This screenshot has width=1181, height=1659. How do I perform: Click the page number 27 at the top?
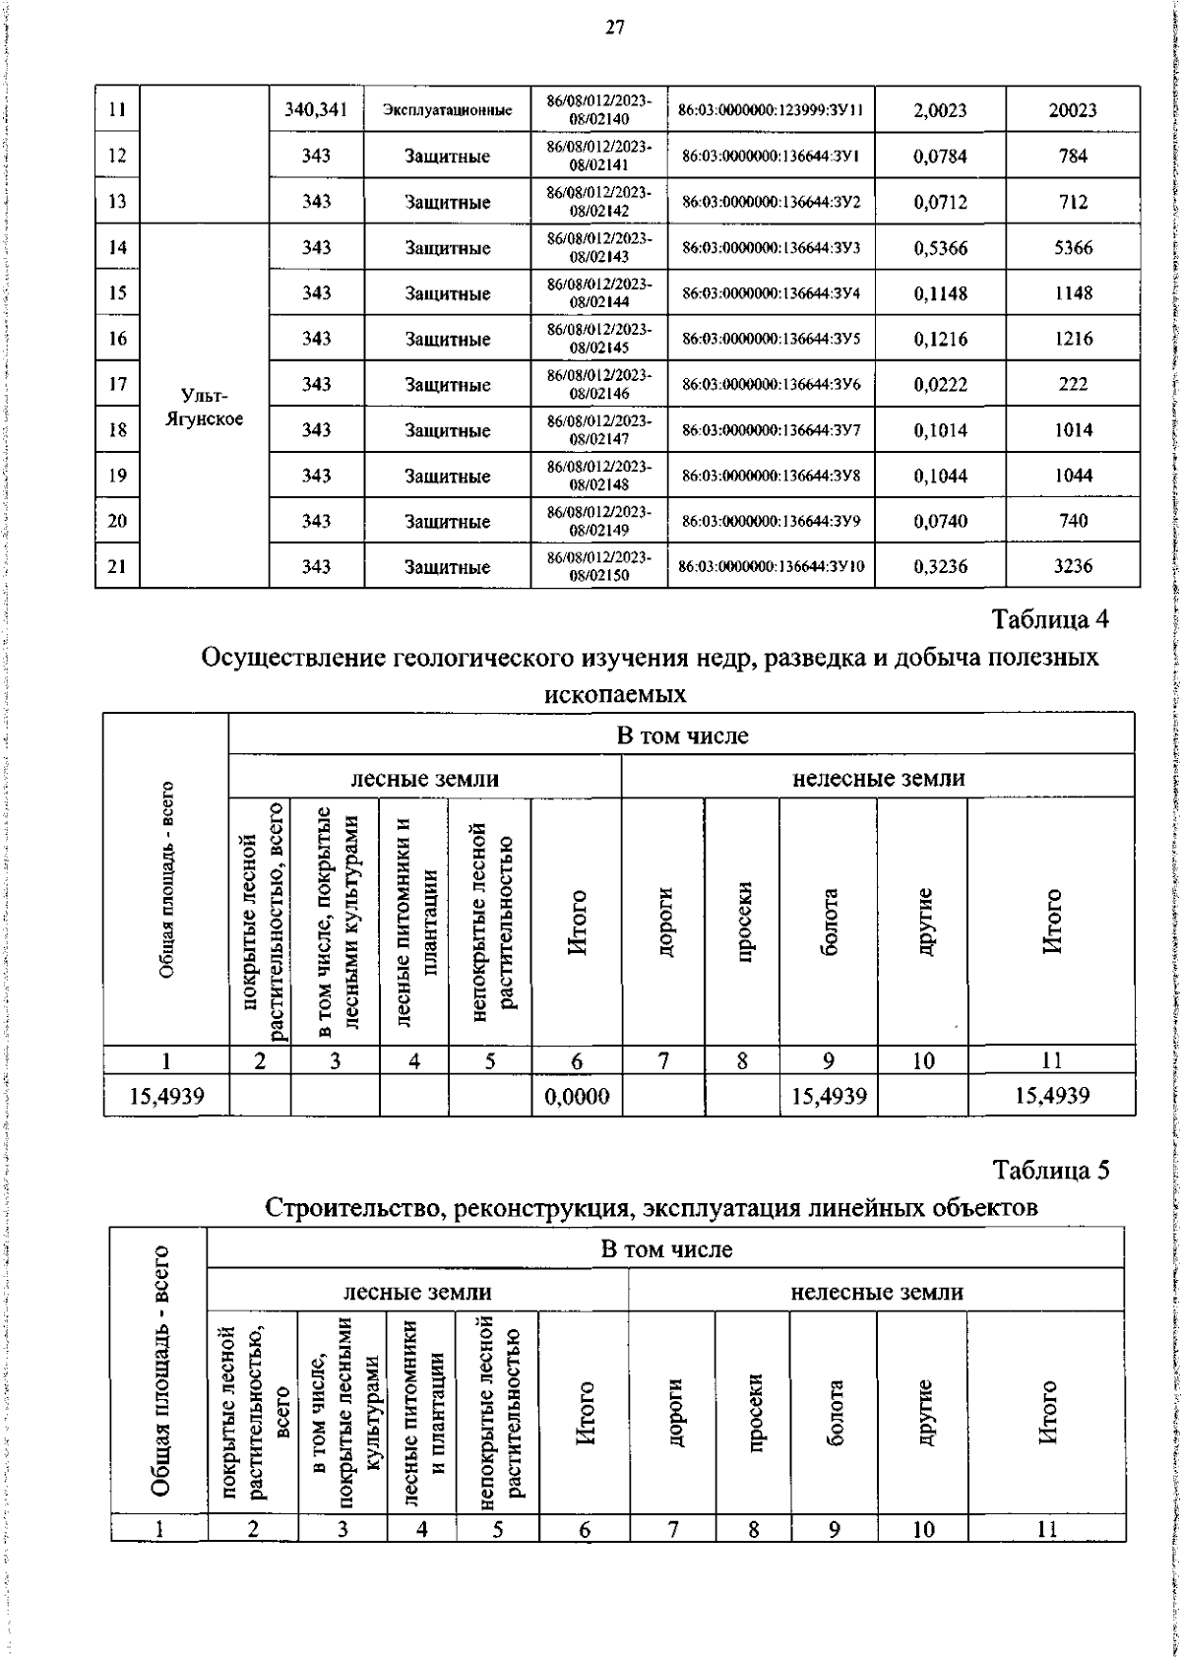(614, 28)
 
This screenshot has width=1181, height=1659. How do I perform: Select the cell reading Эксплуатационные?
(447, 110)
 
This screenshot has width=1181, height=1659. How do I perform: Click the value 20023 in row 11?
(1072, 110)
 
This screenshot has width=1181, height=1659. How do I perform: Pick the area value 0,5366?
(940, 248)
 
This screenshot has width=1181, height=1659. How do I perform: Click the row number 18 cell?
(117, 429)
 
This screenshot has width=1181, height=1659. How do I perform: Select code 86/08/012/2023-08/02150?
(598, 566)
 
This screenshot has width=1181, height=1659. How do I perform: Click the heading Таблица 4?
(1050, 619)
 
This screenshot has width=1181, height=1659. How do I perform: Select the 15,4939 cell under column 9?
(829, 1096)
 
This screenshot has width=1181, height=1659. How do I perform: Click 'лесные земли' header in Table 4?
(425, 779)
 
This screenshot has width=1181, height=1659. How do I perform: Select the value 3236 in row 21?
(1072, 566)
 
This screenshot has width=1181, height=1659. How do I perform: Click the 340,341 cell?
(316, 110)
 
